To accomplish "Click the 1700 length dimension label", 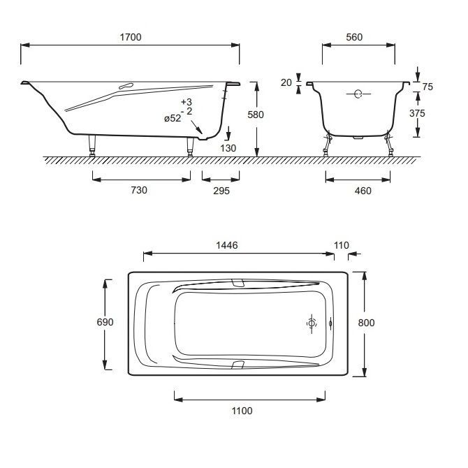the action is coord(131,37).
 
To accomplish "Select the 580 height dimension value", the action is coord(256,115).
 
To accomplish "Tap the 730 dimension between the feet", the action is coord(139,190).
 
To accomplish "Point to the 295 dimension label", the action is coord(221,191).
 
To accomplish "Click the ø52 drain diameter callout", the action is coord(173,119).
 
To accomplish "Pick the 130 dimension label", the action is coord(228,148).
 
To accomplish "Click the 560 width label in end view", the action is coord(354,37).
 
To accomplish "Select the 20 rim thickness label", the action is coord(286,82).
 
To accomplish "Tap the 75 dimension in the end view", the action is coord(427,87).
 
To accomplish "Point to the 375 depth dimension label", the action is coord(417,113).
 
